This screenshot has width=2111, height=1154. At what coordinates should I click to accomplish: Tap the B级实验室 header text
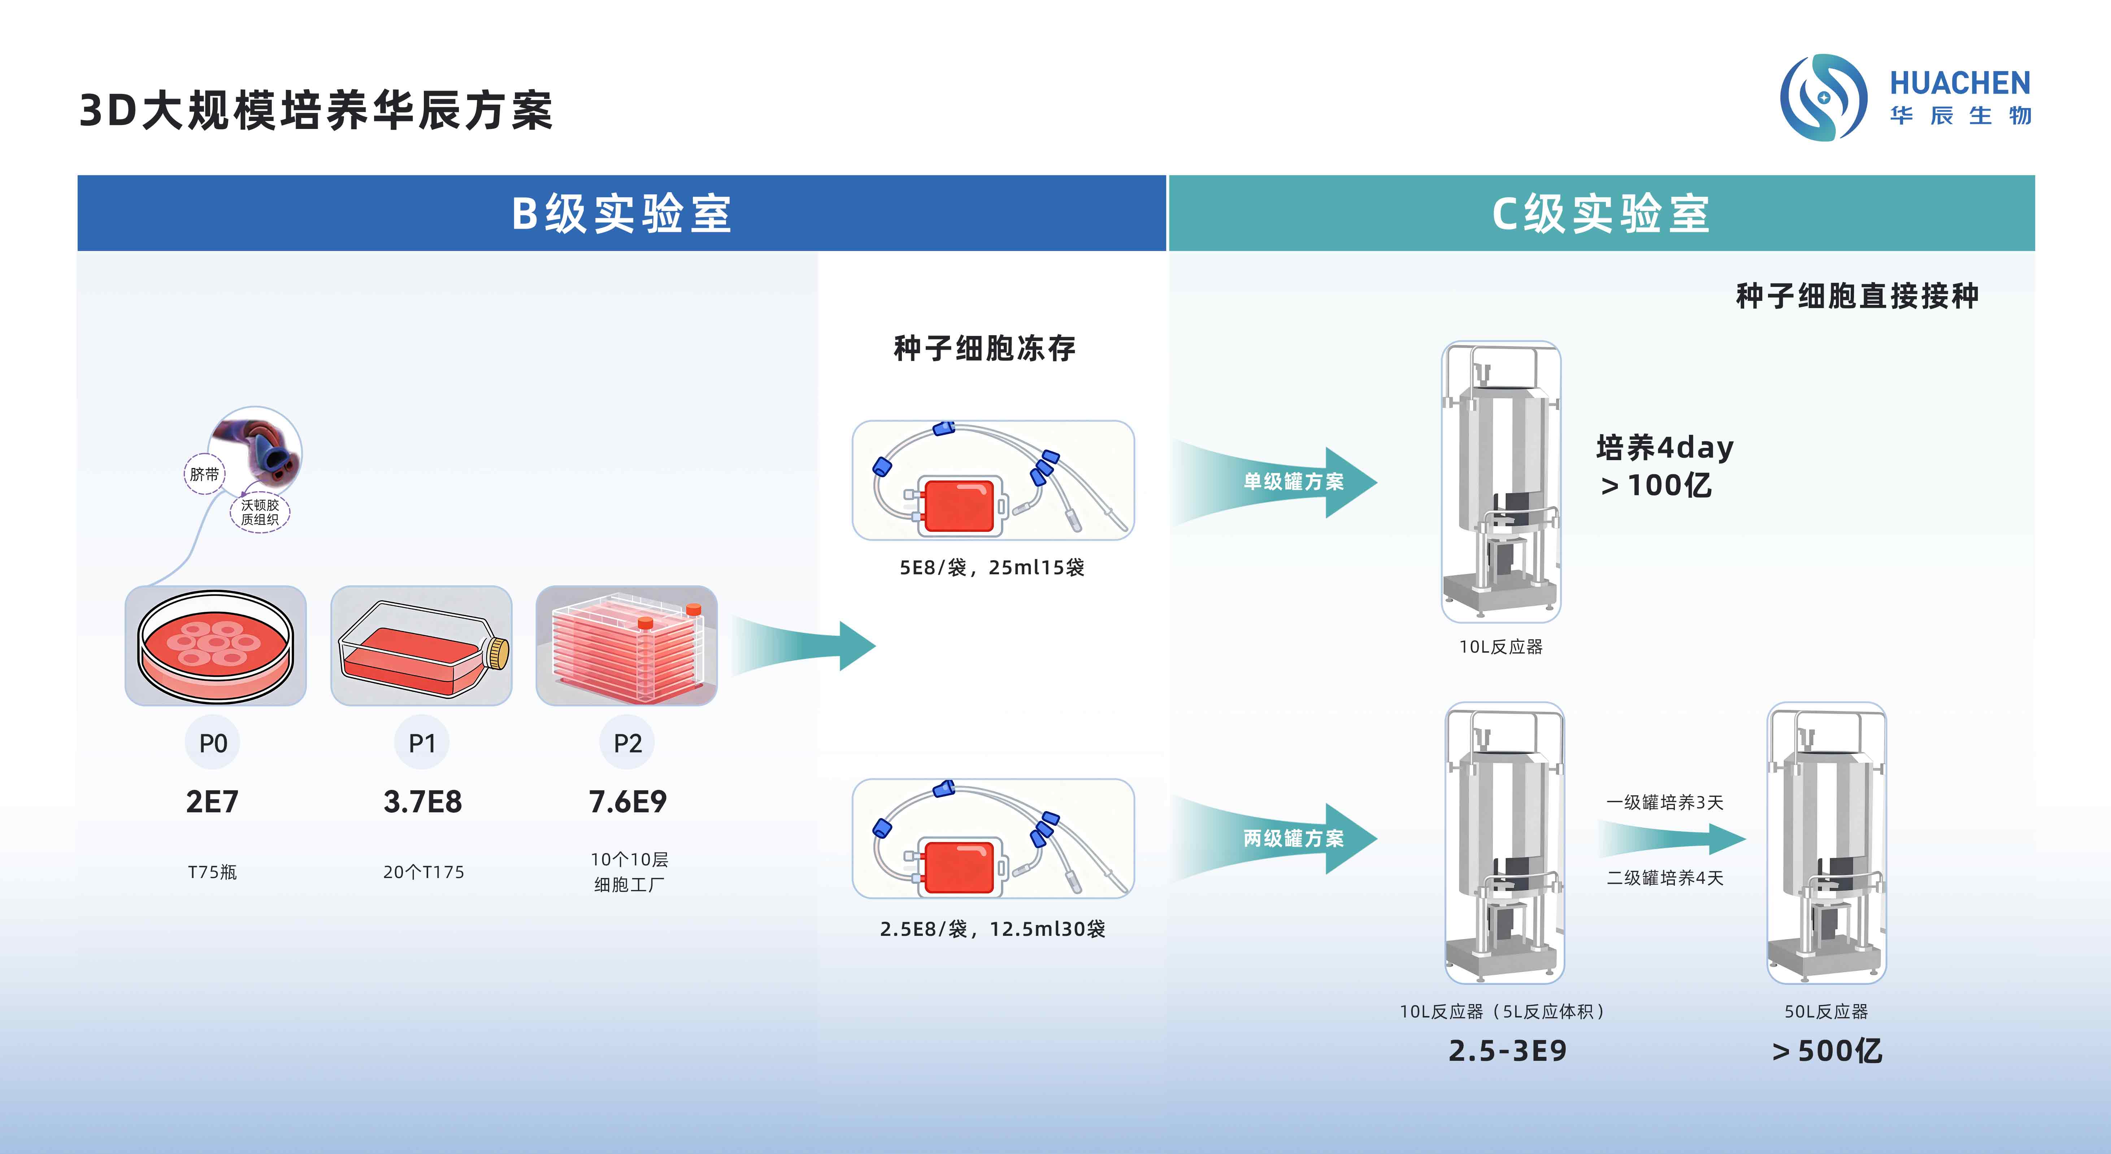click(x=621, y=214)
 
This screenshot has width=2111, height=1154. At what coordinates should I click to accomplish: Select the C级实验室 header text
click(x=1600, y=214)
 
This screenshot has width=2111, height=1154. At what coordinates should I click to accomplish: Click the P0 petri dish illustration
click(x=216, y=646)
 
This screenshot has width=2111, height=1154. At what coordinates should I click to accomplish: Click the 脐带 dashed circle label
click(x=204, y=474)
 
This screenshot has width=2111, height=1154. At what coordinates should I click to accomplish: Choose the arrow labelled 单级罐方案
click(x=1287, y=482)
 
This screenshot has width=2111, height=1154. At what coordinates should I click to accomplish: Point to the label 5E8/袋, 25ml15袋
click(x=991, y=567)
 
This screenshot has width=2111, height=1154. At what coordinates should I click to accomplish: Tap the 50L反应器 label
click(x=1826, y=1011)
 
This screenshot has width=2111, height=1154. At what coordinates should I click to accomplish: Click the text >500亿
click(x=1827, y=1051)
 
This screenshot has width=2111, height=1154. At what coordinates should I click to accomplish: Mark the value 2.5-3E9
click(x=1507, y=1051)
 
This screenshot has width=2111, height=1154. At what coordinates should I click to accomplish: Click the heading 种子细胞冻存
click(x=984, y=348)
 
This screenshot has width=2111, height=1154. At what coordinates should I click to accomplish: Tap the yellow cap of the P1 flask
click(x=498, y=653)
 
